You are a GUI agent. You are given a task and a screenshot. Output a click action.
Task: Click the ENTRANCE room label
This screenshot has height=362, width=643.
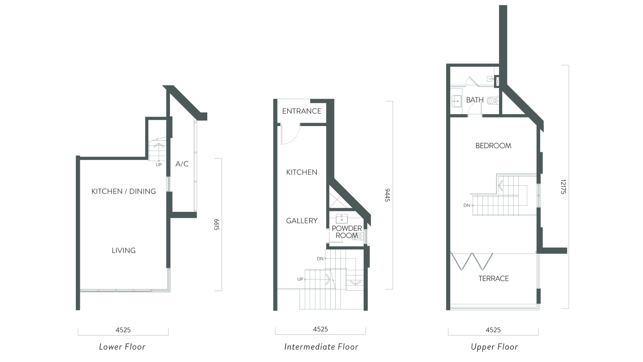pyautogui.click(x=301, y=111)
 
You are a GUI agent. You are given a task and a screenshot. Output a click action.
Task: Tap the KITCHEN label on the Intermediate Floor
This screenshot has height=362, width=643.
pyautogui.click(x=301, y=172)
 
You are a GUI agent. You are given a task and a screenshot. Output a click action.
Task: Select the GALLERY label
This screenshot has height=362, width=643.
pyautogui.click(x=301, y=221)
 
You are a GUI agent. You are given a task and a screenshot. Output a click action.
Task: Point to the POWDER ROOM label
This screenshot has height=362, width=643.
pyautogui.click(x=347, y=232)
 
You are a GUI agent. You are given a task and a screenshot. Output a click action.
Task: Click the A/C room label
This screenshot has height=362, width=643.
pyautogui.click(x=182, y=164)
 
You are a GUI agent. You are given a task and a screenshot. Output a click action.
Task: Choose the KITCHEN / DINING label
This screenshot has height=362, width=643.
pyautogui.click(x=124, y=191)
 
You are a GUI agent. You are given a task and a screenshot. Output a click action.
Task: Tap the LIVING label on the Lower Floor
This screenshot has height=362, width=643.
pyautogui.click(x=124, y=250)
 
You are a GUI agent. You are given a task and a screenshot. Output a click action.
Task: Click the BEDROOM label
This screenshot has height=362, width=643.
pyautogui.click(x=493, y=146)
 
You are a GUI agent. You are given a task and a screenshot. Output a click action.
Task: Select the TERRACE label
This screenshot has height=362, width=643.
pyautogui.click(x=493, y=279)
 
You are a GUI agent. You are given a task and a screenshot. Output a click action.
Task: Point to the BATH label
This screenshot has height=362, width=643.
pyautogui.click(x=474, y=100)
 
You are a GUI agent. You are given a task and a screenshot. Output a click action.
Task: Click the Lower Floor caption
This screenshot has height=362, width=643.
pyautogui.click(x=122, y=347)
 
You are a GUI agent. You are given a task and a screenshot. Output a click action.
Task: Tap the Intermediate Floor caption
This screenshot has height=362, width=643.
pyautogui.click(x=321, y=347)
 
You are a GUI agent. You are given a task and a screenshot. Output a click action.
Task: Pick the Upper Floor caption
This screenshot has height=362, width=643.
pyautogui.click(x=494, y=347)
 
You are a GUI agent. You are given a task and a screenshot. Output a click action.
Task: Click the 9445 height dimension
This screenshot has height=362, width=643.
pyautogui.click(x=388, y=195)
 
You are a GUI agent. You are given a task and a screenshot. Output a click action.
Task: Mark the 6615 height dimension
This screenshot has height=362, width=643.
pyautogui.click(x=216, y=225)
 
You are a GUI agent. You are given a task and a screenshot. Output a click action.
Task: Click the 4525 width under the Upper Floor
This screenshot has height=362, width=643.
pyautogui.click(x=493, y=330)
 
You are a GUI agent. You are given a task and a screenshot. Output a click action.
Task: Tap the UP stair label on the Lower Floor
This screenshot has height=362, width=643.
pyautogui.click(x=159, y=165)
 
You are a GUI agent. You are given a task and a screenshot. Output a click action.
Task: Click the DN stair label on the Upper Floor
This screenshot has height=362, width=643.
pyautogui.click(x=467, y=205)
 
